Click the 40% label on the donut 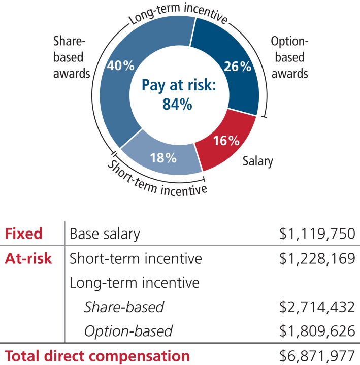pos(121,65)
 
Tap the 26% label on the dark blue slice pos(238,67)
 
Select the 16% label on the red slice pos(226,141)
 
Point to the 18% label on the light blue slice pos(163,158)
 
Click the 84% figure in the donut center pos(177,104)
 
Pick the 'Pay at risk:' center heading pos(179,85)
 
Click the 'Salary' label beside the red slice pos(258,161)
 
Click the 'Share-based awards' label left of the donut pos(72,57)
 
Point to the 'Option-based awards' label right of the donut pos(290,57)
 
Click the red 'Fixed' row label pos(23,234)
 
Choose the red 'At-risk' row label pos(28,258)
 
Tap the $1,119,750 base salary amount pos(317,234)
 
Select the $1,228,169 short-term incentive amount pos(317,258)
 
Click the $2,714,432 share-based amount pos(317,307)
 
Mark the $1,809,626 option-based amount pos(317,331)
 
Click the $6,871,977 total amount pos(317,356)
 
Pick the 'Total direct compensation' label pos(97,356)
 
